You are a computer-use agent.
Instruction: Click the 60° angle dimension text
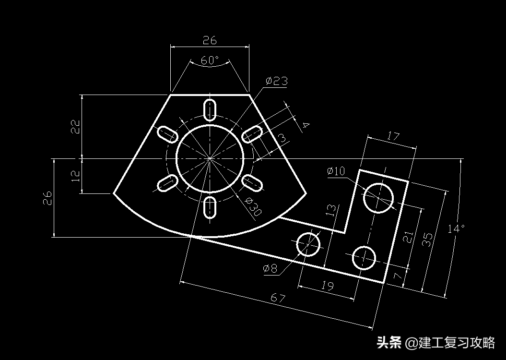pyautogui.click(x=210, y=60)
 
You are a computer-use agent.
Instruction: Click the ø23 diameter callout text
pyautogui.click(x=277, y=81)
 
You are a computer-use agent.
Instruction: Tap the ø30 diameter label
pyautogui.click(x=252, y=206)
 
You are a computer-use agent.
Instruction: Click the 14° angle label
pyautogui.click(x=456, y=228)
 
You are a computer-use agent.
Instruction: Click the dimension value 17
pyautogui.click(x=392, y=137)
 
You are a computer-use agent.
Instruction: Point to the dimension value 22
pyautogui.click(x=75, y=126)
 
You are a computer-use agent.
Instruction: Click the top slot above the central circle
pyautogui.click(x=210, y=109)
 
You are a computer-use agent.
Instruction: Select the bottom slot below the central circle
pyautogui.click(x=210, y=207)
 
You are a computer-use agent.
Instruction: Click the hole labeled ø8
pyautogui.click(x=308, y=244)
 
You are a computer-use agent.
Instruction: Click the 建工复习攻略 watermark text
pyautogui.click(x=456, y=343)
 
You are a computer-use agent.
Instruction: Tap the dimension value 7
pyautogui.click(x=397, y=276)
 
